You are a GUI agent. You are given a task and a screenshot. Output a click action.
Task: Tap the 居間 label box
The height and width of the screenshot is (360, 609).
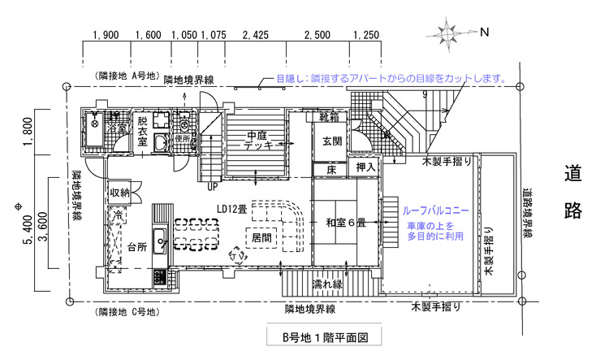tap(261, 239)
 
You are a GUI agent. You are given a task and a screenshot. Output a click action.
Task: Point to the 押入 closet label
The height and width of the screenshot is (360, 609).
tap(366, 168)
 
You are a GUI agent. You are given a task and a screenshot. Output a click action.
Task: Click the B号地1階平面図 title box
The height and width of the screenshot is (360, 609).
tap(319, 336)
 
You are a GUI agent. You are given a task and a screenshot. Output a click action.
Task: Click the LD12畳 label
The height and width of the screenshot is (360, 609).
tap(232, 208)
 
